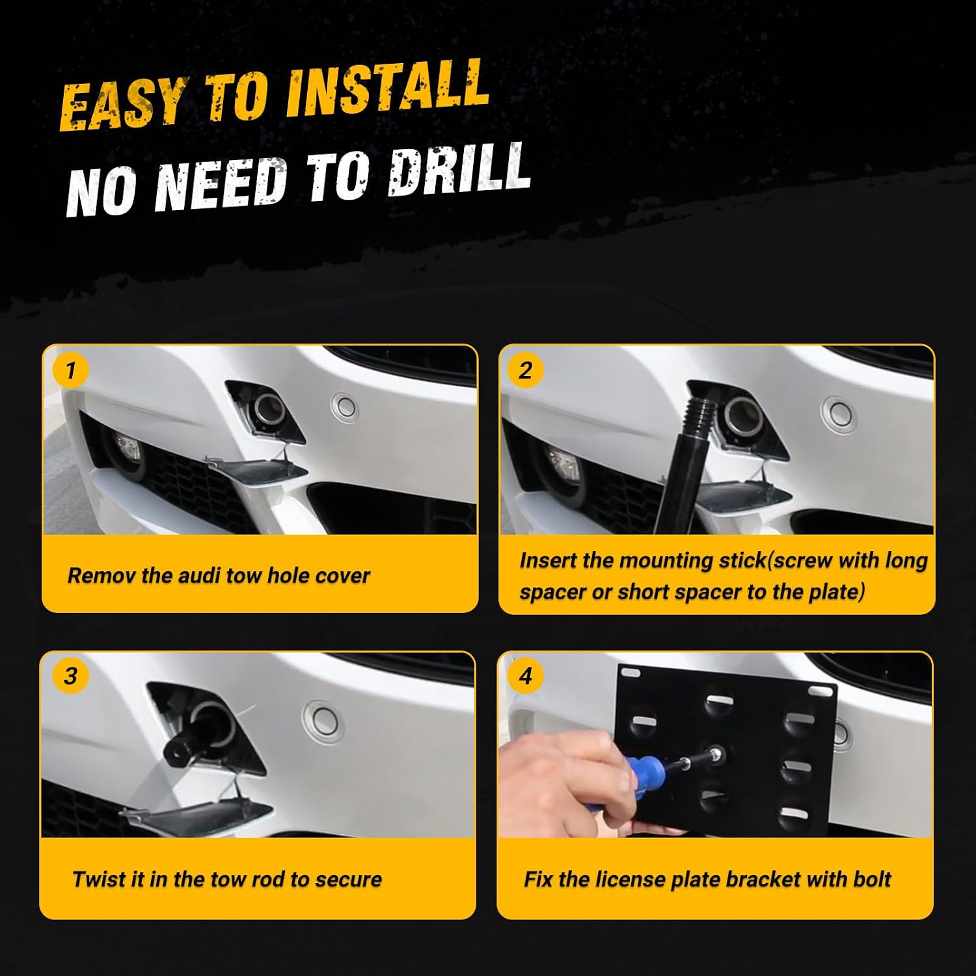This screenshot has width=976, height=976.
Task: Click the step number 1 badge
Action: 70,371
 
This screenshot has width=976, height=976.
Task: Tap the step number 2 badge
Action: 525,371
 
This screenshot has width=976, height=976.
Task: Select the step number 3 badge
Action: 70,676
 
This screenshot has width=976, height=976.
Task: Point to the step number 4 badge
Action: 525,676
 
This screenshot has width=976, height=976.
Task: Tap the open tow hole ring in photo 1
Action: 269,410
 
